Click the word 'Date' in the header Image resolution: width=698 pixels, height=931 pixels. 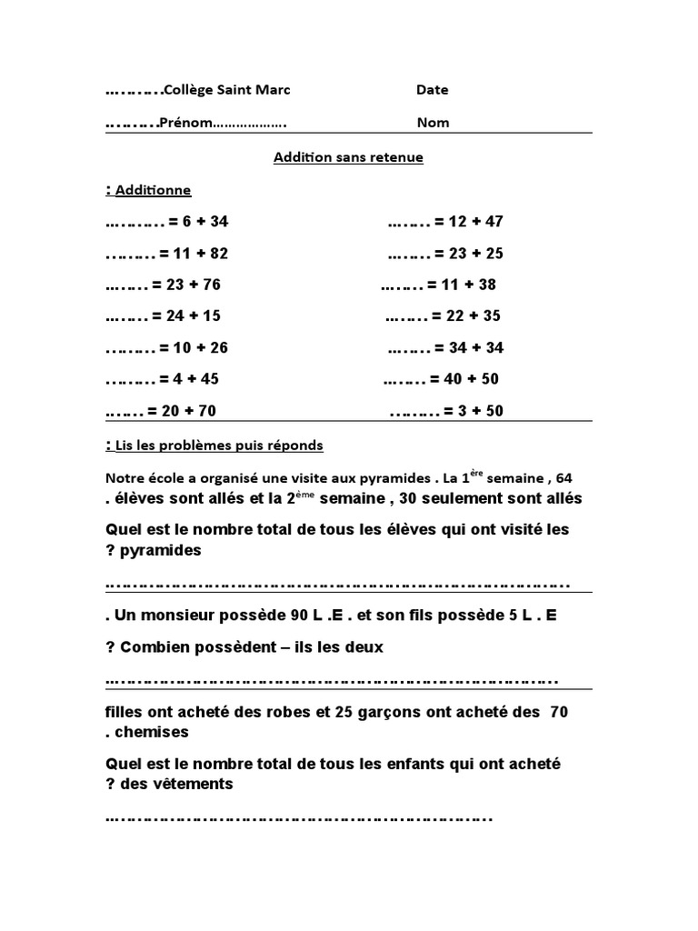coord(432,90)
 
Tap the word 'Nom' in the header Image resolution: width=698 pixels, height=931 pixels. coord(433,123)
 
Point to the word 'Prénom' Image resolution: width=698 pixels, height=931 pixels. coord(186,123)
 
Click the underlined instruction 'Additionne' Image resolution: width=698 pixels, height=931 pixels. coord(153,190)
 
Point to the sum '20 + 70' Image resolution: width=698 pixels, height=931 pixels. coord(188,411)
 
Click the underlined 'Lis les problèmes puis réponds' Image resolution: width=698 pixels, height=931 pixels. coord(219,445)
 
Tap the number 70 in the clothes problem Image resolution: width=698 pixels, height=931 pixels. coord(559,713)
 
